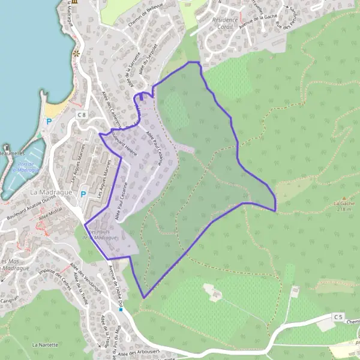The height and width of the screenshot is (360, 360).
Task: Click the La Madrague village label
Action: pyautogui.click(x=50, y=191)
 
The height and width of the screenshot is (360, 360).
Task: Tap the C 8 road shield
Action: pyautogui.click(x=82, y=115)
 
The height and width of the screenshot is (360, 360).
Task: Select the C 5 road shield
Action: pyautogui.click(x=338, y=316)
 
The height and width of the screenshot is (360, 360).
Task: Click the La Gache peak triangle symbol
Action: pyautogui.click(x=344, y=198)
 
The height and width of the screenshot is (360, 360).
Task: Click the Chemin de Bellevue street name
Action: pyautogui.click(x=146, y=13)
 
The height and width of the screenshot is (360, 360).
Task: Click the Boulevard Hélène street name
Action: pyautogui.click(x=124, y=142)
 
